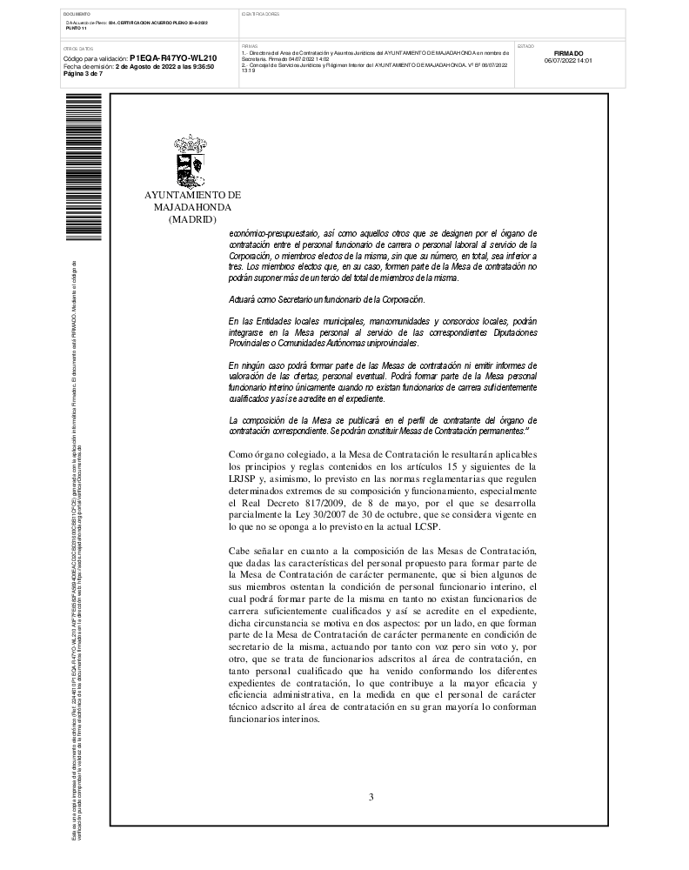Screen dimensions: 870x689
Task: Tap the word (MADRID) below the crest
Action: [x=191, y=220]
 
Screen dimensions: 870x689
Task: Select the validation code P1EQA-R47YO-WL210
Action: [x=173, y=58]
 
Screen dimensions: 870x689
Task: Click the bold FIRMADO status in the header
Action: [x=568, y=53]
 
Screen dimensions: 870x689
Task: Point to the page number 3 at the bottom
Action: [x=371, y=796]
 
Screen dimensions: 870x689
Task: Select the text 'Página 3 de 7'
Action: [x=84, y=73]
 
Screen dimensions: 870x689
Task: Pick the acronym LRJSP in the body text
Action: [x=243, y=478]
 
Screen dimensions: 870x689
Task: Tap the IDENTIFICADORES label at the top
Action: [x=260, y=14]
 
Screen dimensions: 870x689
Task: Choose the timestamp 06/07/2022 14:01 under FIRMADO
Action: [x=568, y=61]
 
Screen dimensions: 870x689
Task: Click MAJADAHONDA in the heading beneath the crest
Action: [x=192, y=208]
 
